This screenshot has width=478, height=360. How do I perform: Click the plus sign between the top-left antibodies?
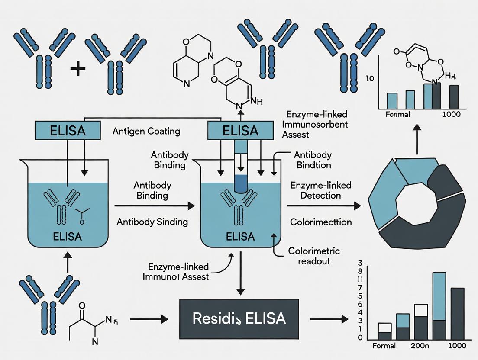(x=78, y=69)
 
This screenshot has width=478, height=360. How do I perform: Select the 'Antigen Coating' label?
(x=146, y=131)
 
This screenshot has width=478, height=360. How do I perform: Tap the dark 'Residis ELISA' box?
(x=239, y=319)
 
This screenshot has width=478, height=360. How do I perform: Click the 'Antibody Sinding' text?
(x=152, y=222)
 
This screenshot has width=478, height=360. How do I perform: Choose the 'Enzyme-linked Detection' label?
(x=321, y=190)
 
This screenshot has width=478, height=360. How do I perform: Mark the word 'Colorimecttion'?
(x=321, y=222)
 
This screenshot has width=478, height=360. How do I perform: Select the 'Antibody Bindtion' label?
(x=313, y=160)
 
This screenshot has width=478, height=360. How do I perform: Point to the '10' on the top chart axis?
(x=369, y=79)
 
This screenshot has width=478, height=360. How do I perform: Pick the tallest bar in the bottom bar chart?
(x=439, y=307)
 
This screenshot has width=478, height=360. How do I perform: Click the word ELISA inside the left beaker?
(x=66, y=238)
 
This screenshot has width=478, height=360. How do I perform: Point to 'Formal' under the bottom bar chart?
(x=384, y=346)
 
